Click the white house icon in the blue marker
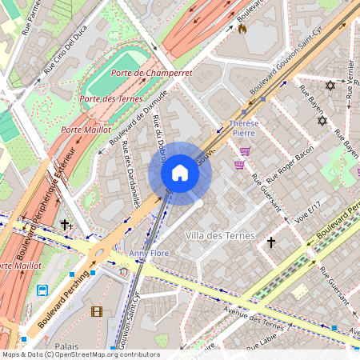point(180,173)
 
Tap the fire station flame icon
point(242,28)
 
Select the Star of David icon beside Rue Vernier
point(328,85)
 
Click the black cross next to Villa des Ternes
point(270,241)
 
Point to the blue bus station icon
point(42,290)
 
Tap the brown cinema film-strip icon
point(97,311)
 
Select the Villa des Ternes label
point(219,236)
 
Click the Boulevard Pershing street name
point(61,305)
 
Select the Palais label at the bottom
point(66,346)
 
